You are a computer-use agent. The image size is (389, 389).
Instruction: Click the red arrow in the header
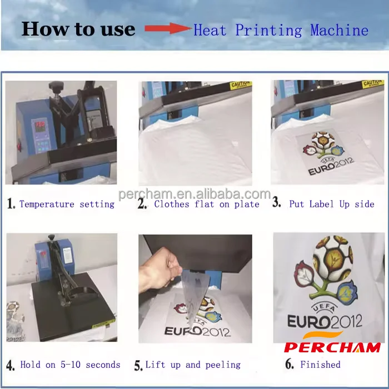coord(167,29)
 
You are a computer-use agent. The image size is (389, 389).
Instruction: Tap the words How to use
coord(78,29)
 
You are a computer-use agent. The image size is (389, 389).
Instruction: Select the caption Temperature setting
coord(67,204)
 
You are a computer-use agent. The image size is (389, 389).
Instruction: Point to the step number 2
coord(142,204)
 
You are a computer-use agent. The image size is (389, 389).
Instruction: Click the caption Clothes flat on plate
coord(207,204)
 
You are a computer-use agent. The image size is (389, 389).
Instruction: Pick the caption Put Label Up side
coord(332,204)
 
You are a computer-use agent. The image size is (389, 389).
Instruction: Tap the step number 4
coord(11,366)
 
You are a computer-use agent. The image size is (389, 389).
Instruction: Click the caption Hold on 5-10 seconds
coord(70,365)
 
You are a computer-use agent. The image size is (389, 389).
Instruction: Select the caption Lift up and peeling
coord(193,365)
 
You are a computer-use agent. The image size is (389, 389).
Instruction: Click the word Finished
coord(320,365)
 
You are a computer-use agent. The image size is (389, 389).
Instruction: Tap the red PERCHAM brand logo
coord(332,347)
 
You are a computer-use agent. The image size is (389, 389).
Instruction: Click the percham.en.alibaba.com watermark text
coord(194,194)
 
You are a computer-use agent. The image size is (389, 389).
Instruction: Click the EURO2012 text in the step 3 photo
coord(331,168)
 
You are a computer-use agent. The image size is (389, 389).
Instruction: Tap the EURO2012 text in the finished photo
coord(325,321)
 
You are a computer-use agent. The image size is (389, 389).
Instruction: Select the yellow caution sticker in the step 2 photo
coord(241,85)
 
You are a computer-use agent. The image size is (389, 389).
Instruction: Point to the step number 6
coord(289,365)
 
